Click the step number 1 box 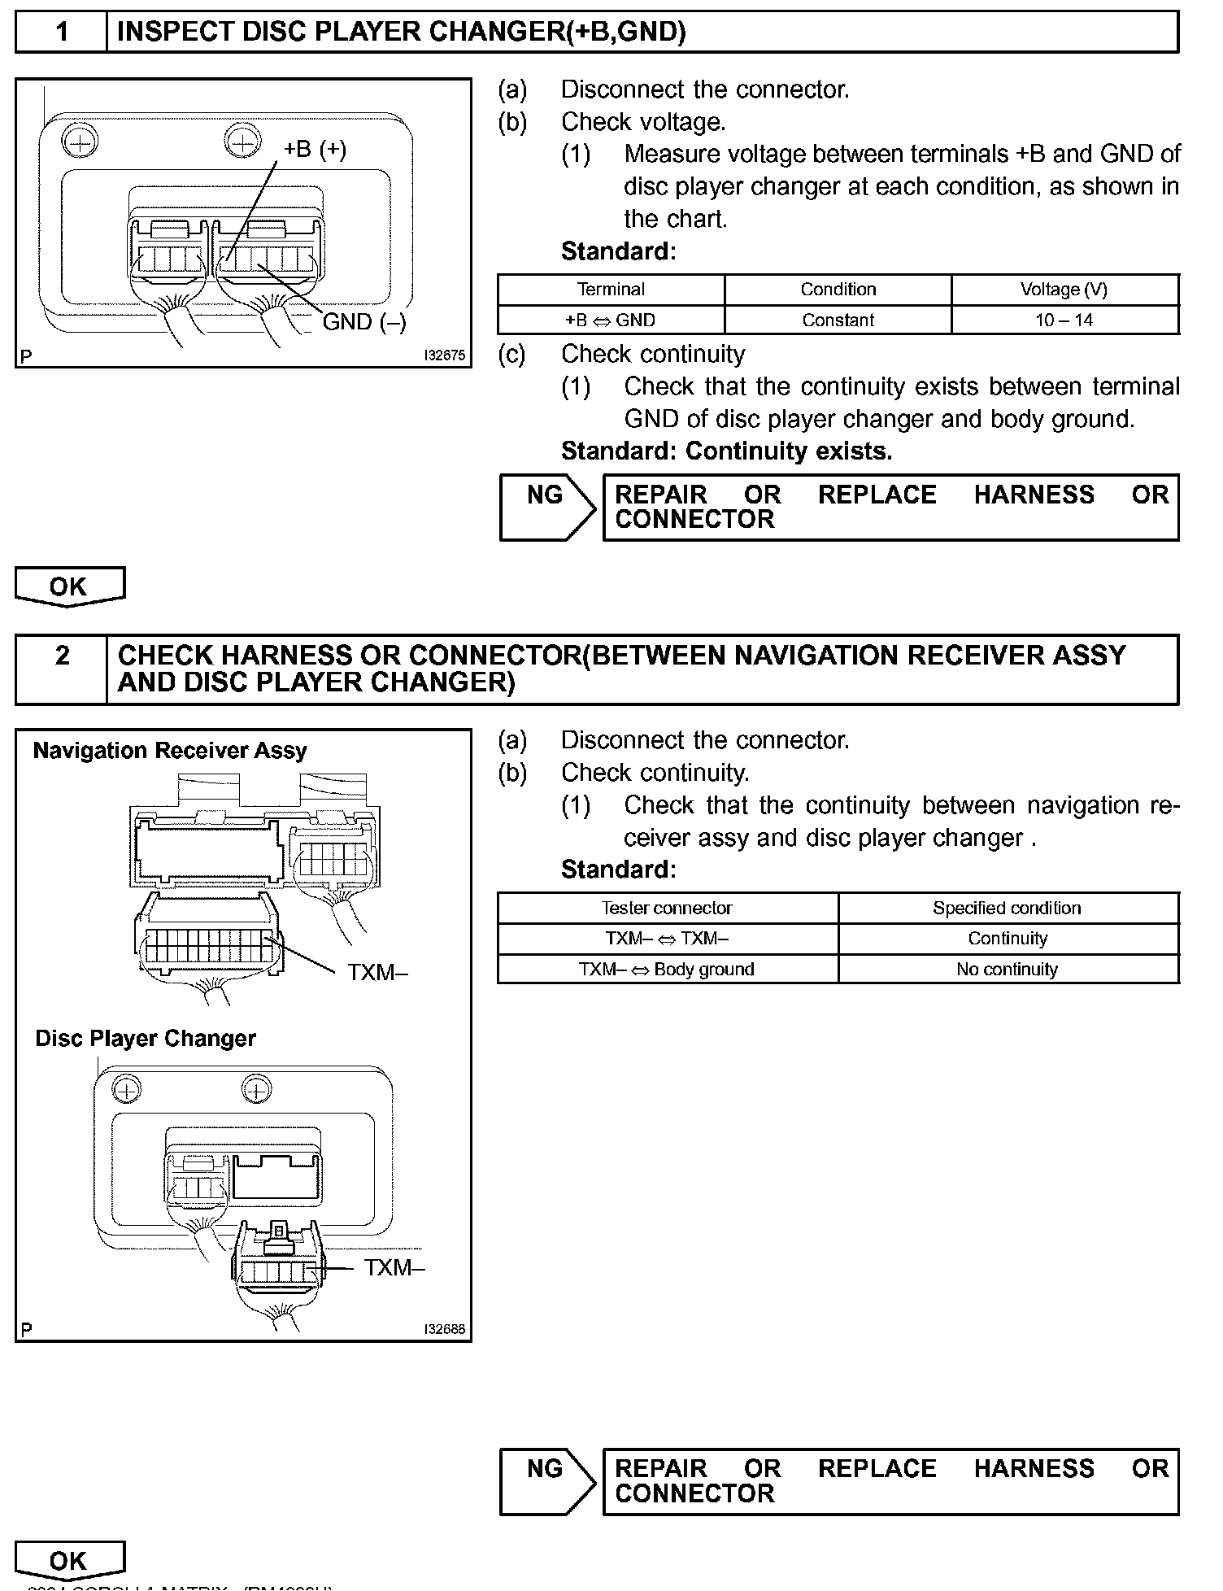tap(62, 33)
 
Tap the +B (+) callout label tap(315, 150)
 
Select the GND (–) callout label tap(364, 322)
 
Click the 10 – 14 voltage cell tap(1064, 320)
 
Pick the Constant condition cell tap(838, 320)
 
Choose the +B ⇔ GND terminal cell tap(610, 320)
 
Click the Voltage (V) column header tap(1064, 290)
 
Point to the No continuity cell tap(1007, 970)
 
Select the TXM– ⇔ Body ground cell tap(667, 970)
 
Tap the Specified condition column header tap(1007, 908)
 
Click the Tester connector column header tap(667, 908)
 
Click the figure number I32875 tap(445, 356)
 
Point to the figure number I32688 tap(445, 1329)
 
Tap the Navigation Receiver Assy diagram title tap(170, 751)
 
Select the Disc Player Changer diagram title tap(146, 1039)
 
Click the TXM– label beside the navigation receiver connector tap(378, 972)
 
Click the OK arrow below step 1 tap(69, 587)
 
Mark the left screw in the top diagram tap(79, 143)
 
